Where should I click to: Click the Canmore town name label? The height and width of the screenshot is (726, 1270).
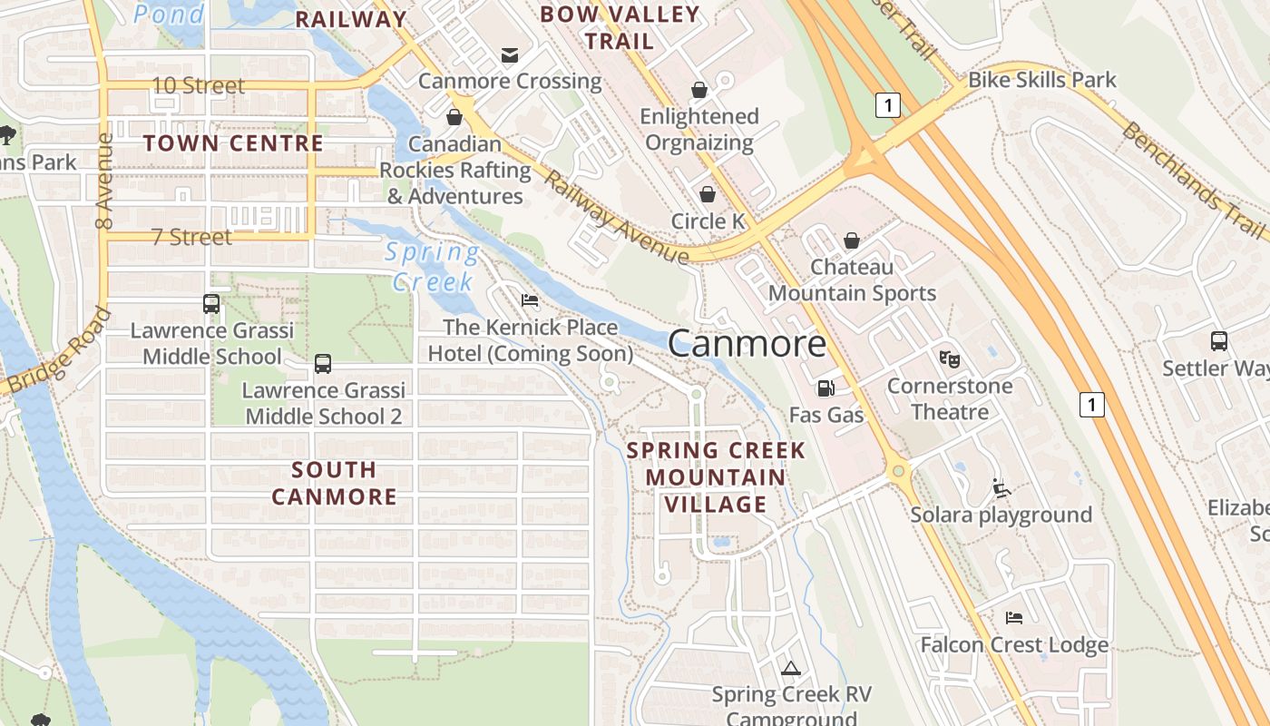coord(747,344)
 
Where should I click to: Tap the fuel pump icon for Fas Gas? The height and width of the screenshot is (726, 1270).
coord(825,388)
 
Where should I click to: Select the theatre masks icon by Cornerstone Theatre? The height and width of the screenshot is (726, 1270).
coord(950,358)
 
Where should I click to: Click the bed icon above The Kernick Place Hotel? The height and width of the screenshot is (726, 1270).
coord(530,300)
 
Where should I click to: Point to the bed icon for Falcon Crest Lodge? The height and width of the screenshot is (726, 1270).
coord(1014,618)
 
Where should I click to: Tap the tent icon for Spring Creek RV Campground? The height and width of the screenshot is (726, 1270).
coord(791,669)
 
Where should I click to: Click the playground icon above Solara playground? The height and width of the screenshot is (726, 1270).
coord(1001,488)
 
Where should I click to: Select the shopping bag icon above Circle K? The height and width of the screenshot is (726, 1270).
coord(707,194)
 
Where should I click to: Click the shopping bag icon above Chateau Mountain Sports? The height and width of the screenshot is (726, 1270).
coord(851,240)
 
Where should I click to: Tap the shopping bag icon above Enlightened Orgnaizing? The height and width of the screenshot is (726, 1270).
coord(698,89)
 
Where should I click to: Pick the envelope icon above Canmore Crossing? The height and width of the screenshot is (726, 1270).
coord(510,55)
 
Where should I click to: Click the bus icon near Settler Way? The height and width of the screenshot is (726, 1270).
coord(1219,341)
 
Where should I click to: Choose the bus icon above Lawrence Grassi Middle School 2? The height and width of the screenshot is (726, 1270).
coord(322,364)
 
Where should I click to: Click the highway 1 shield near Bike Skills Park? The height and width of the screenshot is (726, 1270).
coord(888,105)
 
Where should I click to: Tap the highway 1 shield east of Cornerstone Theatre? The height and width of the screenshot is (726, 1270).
coord(1091,404)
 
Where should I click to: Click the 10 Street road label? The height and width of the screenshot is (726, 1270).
coord(198,85)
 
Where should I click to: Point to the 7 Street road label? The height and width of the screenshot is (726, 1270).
coord(191,237)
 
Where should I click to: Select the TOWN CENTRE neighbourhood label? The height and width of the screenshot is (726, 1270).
coord(233,143)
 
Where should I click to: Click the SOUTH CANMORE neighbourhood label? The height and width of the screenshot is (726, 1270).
coord(334,483)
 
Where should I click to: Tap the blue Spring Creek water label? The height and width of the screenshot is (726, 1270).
coord(432,267)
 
